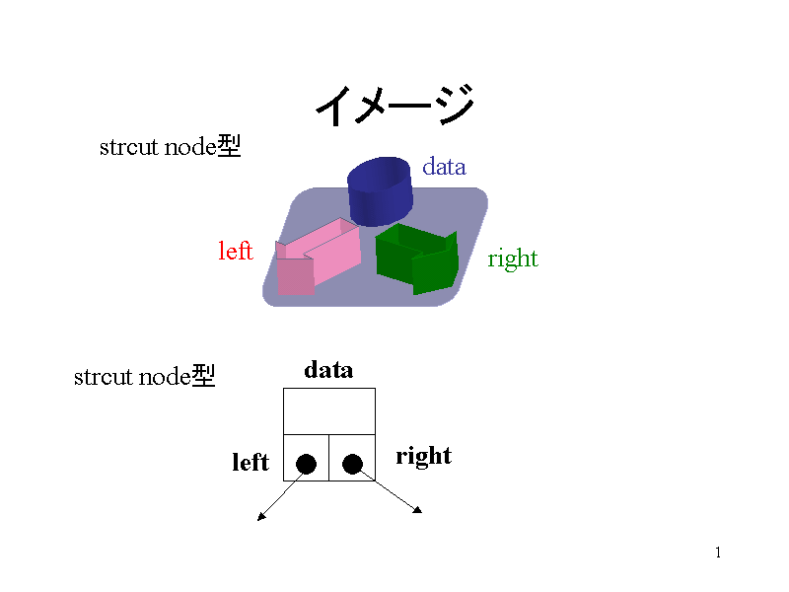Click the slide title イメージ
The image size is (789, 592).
[394, 105]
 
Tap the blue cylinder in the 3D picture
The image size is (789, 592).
[380, 189]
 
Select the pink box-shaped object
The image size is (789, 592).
[314, 258]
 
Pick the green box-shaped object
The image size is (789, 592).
[417, 258]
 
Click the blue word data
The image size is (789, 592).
[444, 167]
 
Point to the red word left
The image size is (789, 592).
[236, 252]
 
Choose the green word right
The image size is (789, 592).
[513, 259]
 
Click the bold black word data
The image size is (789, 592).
[328, 370]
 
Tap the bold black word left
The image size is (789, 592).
[251, 463]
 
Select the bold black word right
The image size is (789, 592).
[423, 456]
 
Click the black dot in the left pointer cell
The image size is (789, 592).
[306, 464]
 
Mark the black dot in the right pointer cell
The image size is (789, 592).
[352, 464]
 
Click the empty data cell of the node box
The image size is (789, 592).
[329, 410]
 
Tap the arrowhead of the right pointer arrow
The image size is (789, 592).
[418, 510]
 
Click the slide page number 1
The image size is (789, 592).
[718, 553]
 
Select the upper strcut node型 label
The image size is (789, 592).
[170, 148]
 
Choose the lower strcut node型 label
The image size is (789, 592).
[144, 376]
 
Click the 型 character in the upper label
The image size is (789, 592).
[229, 147]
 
